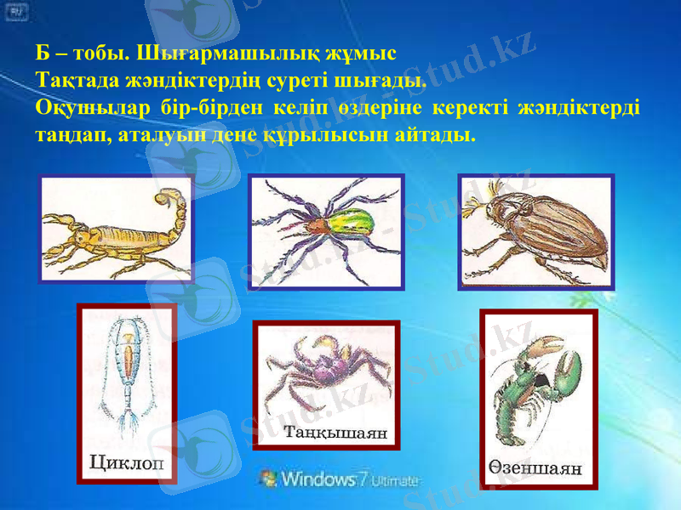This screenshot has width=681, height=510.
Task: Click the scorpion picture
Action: click(x=116, y=229)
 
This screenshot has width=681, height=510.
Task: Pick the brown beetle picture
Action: click(x=536, y=232)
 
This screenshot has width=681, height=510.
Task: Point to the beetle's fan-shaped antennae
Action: click(x=473, y=201)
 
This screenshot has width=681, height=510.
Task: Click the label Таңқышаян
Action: click(x=335, y=433)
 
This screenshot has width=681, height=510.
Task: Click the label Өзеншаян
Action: click(x=536, y=467)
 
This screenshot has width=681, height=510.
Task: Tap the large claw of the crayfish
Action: click(x=565, y=374)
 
